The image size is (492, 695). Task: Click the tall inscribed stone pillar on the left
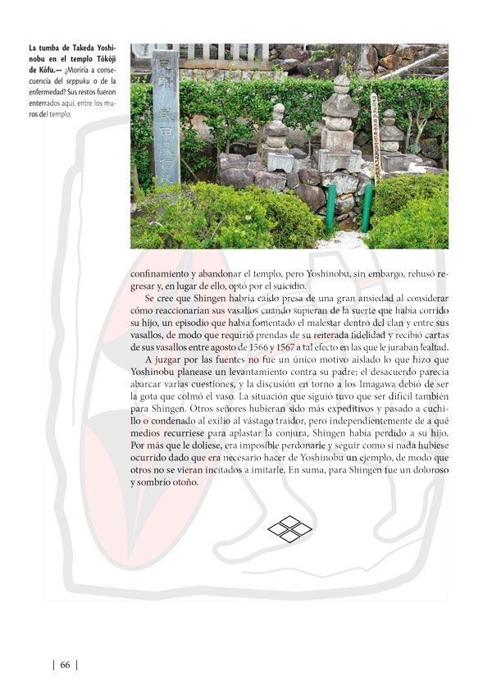165,115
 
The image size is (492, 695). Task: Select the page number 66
64,665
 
